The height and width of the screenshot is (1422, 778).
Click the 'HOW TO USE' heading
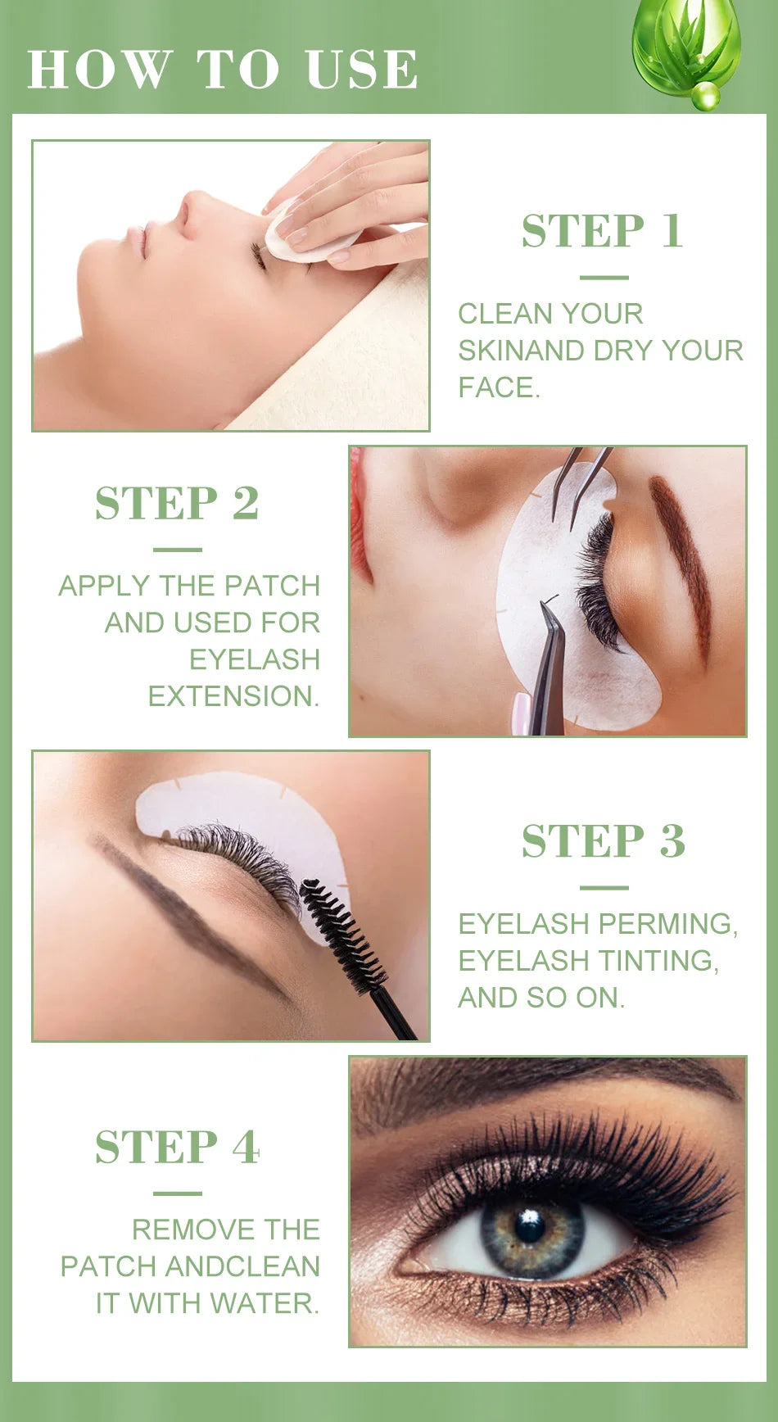(x=222, y=69)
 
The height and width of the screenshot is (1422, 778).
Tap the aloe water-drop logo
(x=686, y=49)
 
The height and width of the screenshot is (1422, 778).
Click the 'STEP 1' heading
(x=602, y=231)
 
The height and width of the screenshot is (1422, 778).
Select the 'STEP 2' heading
(x=177, y=503)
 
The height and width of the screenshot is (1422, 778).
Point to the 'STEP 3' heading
(x=603, y=841)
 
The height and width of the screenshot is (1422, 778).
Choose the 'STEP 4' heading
(x=177, y=1147)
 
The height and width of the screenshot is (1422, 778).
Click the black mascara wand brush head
(x=342, y=935)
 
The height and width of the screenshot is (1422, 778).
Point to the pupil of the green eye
(x=529, y=1226)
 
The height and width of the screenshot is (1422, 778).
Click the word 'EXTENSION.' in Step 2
(x=233, y=696)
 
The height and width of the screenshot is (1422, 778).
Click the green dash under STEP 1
(x=603, y=278)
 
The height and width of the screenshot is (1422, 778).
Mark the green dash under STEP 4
(x=177, y=1193)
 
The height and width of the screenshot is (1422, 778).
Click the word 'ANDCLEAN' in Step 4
(x=242, y=1266)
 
